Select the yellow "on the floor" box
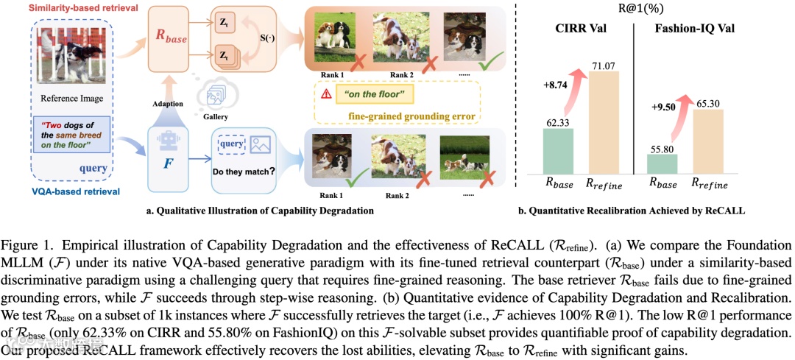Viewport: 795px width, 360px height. click(372, 94)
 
